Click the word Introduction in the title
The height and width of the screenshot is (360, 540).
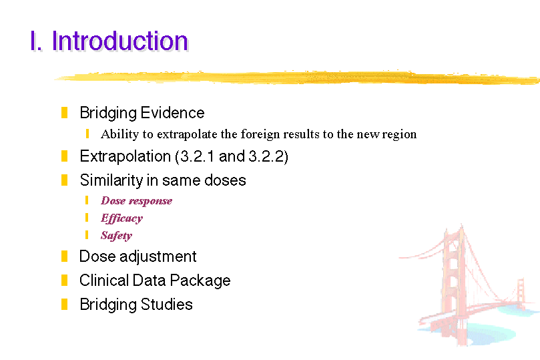(120, 41)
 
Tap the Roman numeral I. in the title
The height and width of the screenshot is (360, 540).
(36, 41)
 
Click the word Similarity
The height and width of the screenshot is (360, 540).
(111, 180)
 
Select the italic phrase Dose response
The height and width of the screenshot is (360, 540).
(136, 201)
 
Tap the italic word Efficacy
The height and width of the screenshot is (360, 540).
(121, 218)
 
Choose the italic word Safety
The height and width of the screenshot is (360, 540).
(116, 236)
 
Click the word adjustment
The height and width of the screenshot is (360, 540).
(158, 256)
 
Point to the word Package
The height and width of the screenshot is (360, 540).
(200, 281)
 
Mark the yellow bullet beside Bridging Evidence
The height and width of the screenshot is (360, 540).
(64, 113)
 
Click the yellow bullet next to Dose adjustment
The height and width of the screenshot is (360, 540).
(64, 256)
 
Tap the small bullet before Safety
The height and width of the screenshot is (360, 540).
(87, 235)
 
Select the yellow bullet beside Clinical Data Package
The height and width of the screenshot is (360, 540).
(64, 280)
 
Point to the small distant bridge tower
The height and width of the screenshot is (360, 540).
(521, 293)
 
